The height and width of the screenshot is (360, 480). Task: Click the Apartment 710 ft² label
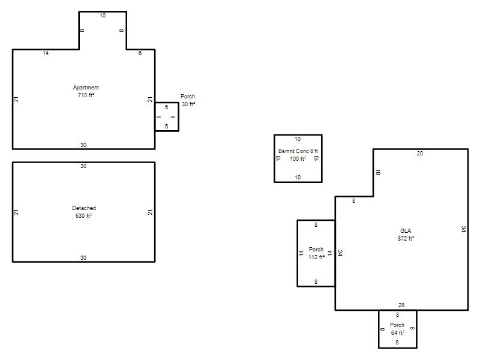(86, 91)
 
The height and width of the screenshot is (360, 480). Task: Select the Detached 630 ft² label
(83, 212)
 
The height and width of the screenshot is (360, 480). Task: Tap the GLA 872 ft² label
(406, 235)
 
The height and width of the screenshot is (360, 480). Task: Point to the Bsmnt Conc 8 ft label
(298, 151)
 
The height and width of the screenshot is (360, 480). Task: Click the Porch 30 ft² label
(188, 100)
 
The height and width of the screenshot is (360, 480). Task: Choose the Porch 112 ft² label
(316, 253)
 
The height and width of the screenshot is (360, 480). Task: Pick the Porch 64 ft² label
(397, 329)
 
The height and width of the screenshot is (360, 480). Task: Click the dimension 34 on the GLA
(464, 229)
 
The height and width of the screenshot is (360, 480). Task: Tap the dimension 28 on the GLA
(401, 305)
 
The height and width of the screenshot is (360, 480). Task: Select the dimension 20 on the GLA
(420, 154)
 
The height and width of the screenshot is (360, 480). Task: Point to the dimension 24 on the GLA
(340, 253)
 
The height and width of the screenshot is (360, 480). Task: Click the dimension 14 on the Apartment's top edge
(46, 53)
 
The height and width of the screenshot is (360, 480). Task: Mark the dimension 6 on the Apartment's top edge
(140, 53)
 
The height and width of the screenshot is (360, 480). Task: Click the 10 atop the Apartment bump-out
(103, 16)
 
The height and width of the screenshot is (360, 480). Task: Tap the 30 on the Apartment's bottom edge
(83, 145)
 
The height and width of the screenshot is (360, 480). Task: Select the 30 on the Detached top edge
(83, 166)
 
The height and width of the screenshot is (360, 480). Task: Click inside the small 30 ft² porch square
(167, 117)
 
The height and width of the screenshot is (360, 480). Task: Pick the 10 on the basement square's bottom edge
(298, 177)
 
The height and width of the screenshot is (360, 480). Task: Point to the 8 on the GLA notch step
(353, 201)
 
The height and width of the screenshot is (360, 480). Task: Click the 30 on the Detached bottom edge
(83, 258)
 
